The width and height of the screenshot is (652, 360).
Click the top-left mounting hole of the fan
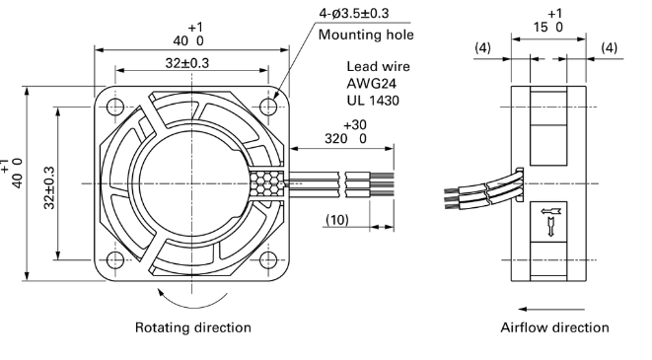point(115,107)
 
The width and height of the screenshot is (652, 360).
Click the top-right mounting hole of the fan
point(268,107)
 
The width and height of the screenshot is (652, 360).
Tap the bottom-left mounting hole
point(115,260)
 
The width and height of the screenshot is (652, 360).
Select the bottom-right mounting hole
point(268,260)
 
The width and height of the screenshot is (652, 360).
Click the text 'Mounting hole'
point(366,35)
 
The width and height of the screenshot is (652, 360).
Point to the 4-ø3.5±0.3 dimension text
point(354,13)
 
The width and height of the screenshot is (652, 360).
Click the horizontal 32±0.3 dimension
point(187,63)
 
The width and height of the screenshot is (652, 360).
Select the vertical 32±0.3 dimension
point(49,187)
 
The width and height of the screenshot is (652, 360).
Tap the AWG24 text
point(371,84)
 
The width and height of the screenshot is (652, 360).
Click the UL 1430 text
point(373,101)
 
